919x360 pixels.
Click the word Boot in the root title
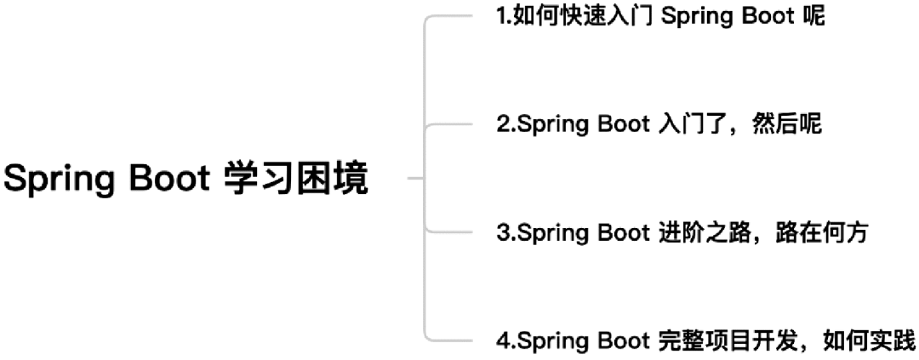(x=169, y=178)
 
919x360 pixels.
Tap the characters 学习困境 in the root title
(x=297, y=179)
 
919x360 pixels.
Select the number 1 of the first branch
(x=500, y=16)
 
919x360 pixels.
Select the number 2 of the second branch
(x=502, y=124)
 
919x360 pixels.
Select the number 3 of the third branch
(x=502, y=233)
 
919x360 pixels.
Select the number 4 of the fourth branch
(x=502, y=340)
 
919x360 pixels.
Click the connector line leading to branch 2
(x=448, y=124)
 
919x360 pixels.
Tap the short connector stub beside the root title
(x=415, y=179)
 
